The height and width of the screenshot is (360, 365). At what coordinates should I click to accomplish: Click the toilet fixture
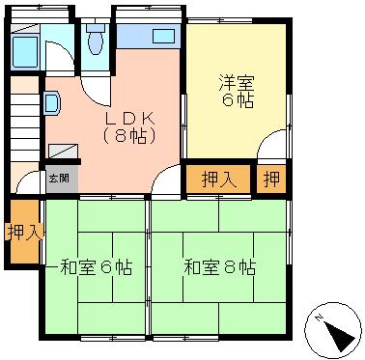(96, 39)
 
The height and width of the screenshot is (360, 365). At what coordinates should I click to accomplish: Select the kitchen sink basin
(163, 37)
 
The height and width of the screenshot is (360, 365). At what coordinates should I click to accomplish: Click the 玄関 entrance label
(59, 179)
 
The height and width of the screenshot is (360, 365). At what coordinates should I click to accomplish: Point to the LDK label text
(130, 120)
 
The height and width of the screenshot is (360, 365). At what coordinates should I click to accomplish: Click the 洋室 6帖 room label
(237, 91)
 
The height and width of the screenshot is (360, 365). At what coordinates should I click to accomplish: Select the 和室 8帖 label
(220, 267)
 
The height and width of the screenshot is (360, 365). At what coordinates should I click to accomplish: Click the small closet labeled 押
(271, 179)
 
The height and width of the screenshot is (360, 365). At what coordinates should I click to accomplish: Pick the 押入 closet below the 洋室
(219, 179)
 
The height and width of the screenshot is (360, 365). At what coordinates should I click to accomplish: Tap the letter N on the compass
(319, 318)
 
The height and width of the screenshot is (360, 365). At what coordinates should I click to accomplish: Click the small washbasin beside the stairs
(52, 102)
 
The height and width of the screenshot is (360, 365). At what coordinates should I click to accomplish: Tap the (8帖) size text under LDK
(129, 136)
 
